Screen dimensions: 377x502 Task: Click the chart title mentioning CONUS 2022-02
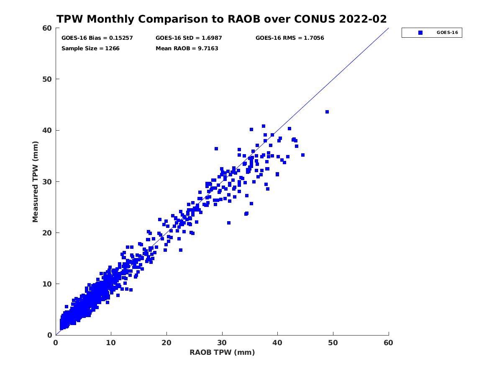[x=222, y=19]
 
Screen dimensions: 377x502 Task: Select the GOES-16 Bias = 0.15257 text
[x=97, y=38]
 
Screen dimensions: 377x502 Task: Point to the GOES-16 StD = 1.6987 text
[x=189, y=38]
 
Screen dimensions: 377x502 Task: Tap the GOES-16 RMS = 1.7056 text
[x=289, y=38]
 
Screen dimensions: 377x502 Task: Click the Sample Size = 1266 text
[x=90, y=48]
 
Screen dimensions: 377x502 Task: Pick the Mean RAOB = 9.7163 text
[x=187, y=48]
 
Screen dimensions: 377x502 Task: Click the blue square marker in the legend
[x=420, y=33]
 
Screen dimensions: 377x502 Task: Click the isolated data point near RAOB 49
[x=327, y=112]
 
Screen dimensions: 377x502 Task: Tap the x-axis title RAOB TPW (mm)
[x=222, y=352]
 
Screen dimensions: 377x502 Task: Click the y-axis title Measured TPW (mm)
[x=36, y=181]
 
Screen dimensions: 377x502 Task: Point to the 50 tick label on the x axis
[x=333, y=343]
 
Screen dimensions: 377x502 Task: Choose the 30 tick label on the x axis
[x=222, y=343]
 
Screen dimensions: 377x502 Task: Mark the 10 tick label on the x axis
[x=111, y=343]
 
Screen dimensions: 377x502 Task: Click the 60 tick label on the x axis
[x=389, y=343]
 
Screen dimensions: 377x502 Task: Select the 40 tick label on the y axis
[x=48, y=130]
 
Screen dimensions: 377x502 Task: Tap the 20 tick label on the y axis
[x=48, y=232]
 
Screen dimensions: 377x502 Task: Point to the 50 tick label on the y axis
[x=48, y=79]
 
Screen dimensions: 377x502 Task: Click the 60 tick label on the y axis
[x=48, y=28]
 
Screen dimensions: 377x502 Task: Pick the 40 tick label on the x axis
[x=277, y=343]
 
